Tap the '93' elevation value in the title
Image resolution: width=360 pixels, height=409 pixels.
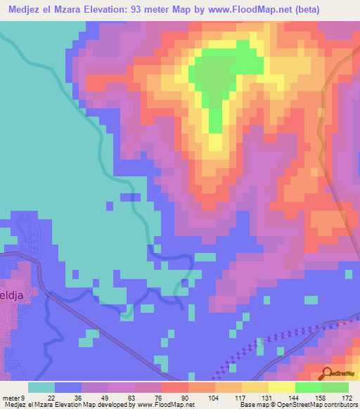(x=148, y=9)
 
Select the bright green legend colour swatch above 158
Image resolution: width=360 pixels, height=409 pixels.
(x=308, y=387)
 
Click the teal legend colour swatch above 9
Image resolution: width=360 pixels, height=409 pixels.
(x=41, y=387)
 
